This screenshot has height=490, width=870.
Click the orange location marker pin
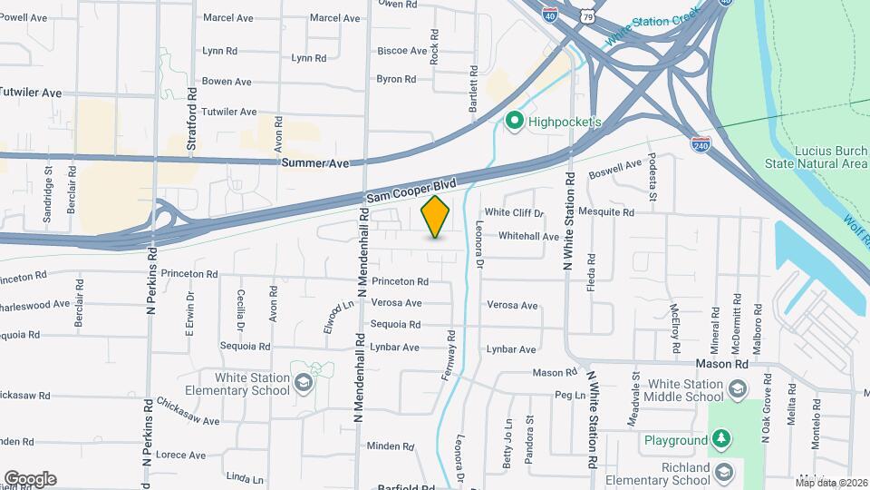(436, 217)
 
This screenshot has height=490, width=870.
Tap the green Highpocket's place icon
(516, 121)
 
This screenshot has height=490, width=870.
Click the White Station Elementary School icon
(303, 386)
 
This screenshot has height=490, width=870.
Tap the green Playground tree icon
(721, 441)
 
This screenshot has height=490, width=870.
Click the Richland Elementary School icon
(723, 472)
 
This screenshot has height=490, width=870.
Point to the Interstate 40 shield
(550, 13)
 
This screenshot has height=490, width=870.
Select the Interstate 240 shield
(701, 143)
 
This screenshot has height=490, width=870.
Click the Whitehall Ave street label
(528, 236)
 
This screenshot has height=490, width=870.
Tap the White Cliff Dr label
(513, 213)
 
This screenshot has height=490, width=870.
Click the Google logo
(30, 478)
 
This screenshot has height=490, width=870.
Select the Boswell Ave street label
(615, 169)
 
